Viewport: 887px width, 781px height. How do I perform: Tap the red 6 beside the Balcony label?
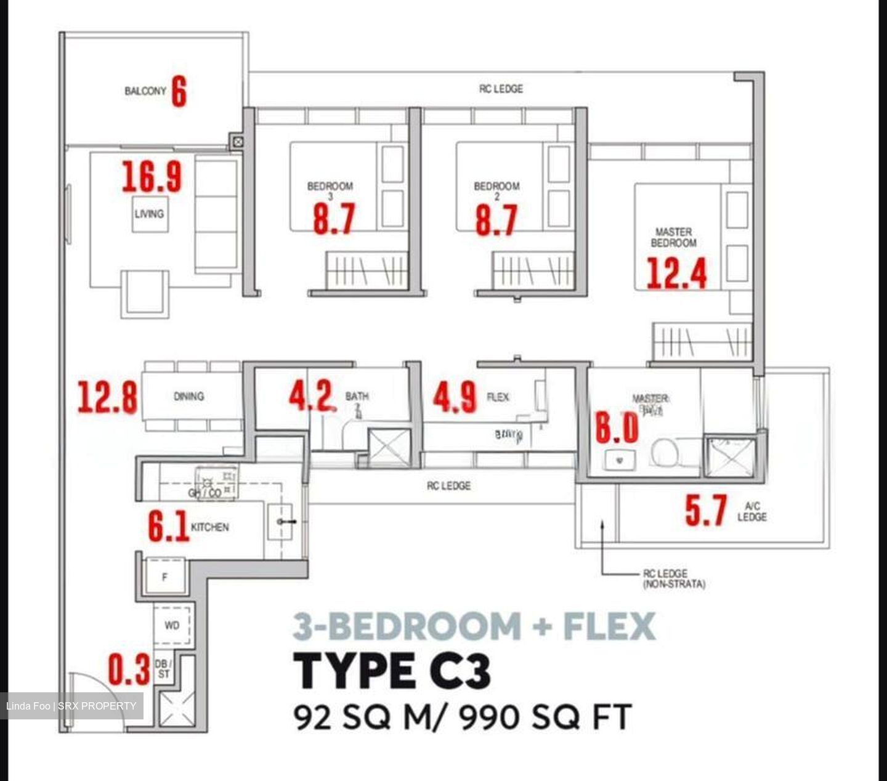coord(179,91)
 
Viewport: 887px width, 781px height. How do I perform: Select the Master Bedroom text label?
coord(673,237)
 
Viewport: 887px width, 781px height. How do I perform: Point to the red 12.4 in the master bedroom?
coord(676,273)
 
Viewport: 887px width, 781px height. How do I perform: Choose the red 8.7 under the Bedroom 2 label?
coord(496,220)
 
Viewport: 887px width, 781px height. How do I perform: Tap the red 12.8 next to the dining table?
coord(107,397)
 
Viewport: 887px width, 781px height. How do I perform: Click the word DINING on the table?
coord(188,397)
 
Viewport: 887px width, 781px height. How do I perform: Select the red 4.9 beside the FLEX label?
coord(455,397)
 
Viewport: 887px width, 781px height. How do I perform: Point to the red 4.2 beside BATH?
coord(311,395)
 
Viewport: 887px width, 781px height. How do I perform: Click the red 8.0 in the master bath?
coord(617,427)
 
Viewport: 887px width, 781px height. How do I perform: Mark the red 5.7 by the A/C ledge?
coord(706,511)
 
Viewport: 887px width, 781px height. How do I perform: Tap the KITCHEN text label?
coord(209,527)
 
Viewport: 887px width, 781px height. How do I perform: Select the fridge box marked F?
coord(164,577)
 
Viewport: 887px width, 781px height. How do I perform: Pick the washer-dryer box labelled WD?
coord(172,625)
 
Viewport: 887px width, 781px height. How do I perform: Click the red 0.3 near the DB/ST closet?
coord(129,670)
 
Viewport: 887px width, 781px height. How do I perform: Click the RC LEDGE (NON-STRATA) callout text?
coord(673,578)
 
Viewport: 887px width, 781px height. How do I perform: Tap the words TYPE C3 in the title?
coord(392,671)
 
